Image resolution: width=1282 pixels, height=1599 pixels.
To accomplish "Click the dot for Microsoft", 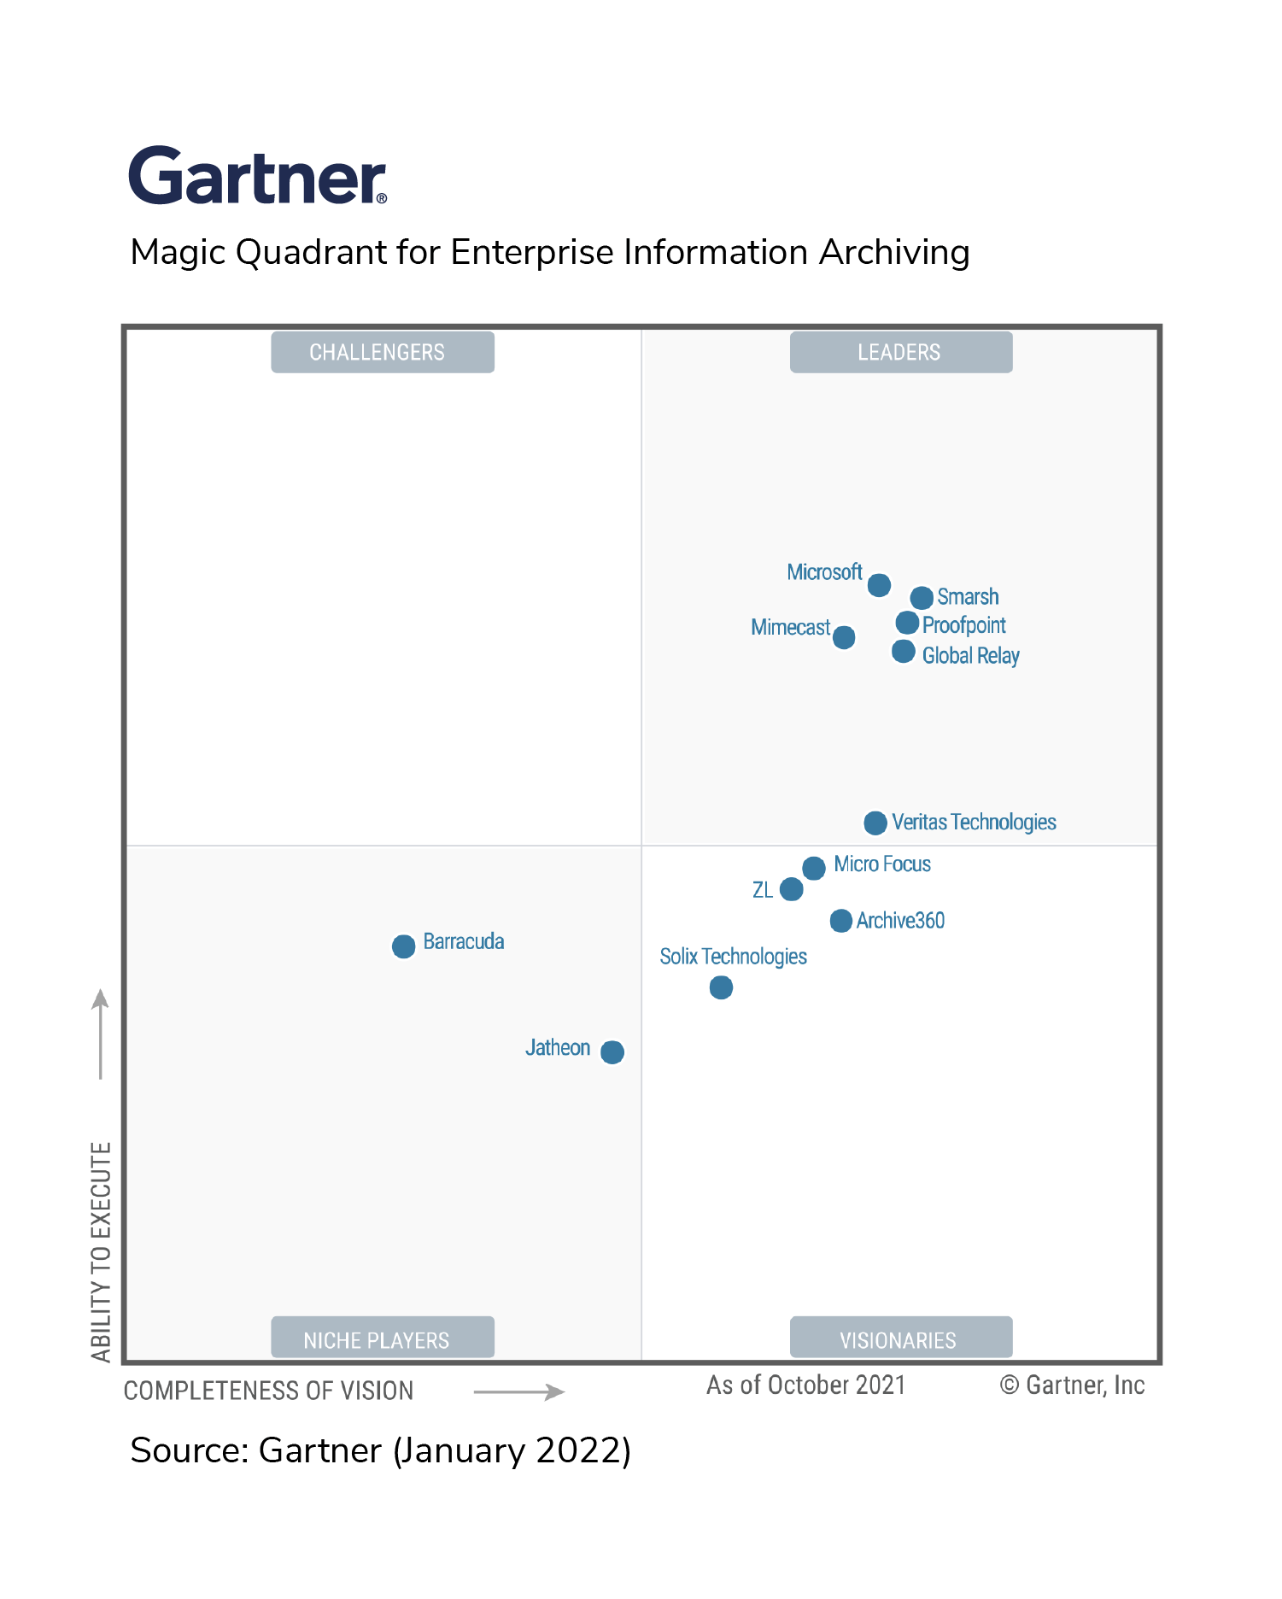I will point(879,585).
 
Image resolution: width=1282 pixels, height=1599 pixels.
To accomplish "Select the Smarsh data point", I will point(921,598).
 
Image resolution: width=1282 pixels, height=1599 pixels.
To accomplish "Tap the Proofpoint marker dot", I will point(907,624).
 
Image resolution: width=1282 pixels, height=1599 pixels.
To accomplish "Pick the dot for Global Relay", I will point(903,652).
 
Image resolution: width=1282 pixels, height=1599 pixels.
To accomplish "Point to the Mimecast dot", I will point(844,637).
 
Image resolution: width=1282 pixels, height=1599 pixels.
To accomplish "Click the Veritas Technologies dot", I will point(875,823).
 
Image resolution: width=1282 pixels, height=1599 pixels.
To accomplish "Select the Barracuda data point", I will point(403,946).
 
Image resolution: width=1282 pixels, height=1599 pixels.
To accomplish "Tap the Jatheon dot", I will point(612,1051).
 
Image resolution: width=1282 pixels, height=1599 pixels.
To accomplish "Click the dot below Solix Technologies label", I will point(721,987).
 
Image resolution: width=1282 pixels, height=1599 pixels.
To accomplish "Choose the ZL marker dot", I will point(792,889).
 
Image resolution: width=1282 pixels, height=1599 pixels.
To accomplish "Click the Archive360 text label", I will point(900,921).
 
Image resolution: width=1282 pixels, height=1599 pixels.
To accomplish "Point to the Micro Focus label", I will point(881,864).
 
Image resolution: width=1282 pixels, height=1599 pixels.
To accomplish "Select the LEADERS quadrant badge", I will point(900,352).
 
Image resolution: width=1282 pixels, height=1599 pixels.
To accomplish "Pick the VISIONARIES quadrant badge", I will point(900,1338).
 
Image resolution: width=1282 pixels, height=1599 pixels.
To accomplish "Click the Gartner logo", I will point(257,176).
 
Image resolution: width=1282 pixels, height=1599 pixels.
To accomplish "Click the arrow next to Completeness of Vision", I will point(518,1391).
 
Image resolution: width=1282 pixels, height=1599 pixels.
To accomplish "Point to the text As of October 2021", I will point(805,1385).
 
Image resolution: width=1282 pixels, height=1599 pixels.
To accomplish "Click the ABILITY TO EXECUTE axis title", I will point(102,1251).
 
